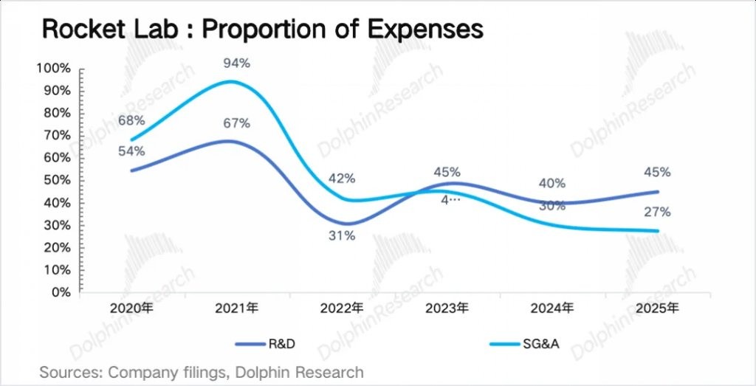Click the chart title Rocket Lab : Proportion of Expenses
click(x=263, y=29)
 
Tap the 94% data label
click(x=237, y=63)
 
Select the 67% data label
click(x=237, y=123)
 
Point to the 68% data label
click(x=132, y=120)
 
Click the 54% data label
click(x=132, y=151)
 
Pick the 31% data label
click(x=342, y=236)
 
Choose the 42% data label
click(x=342, y=179)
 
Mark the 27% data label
click(x=657, y=213)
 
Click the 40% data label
click(x=551, y=183)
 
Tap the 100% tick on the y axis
click(x=53, y=69)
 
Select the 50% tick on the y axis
click(x=56, y=180)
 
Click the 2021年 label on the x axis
click(x=237, y=308)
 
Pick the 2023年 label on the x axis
click(x=447, y=308)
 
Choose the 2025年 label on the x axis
click(x=657, y=308)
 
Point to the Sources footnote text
click(x=202, y=372)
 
